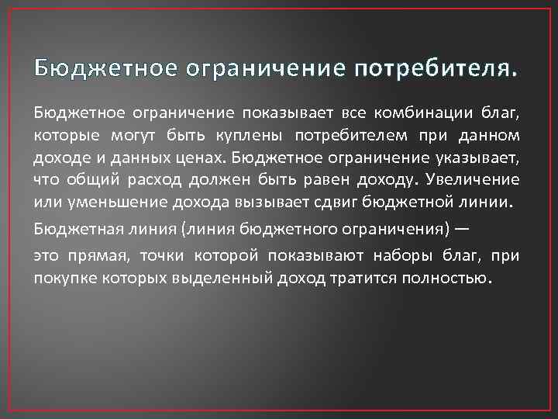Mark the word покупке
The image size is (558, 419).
63,279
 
